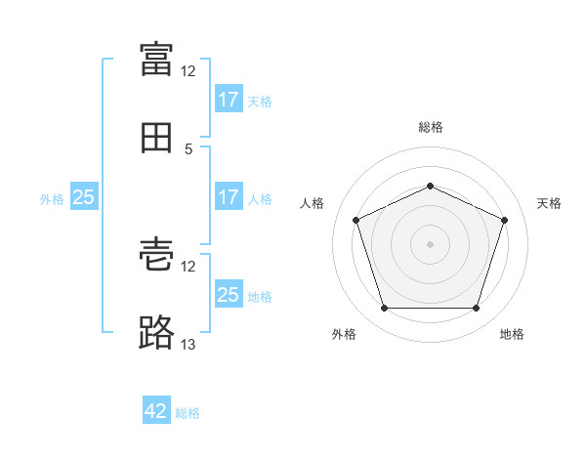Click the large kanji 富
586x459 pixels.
point(156,59)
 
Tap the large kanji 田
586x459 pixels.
point(156,138)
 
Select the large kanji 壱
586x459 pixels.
point(156,255)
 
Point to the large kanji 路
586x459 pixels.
point(156,332)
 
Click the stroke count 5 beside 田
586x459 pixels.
point(188,149)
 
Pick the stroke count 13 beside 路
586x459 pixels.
point(188,344)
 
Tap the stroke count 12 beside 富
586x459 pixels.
point(188,71)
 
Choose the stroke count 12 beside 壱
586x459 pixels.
point(188,267)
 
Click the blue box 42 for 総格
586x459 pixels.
point(156,409)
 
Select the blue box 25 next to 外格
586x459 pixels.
point(84,196)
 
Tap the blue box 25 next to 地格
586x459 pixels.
point(230,293)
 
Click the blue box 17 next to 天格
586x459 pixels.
point(230,98)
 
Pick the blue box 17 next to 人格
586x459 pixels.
point(230,196)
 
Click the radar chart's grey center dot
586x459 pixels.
point(430,244)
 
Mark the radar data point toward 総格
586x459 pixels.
point(430,186)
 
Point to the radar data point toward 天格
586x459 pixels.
point(504,220)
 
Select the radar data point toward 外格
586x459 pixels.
point(385,308)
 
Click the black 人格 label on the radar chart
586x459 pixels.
point(312,203)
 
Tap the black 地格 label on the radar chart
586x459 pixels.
point(512,334)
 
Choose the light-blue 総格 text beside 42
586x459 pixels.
point(188,413)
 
